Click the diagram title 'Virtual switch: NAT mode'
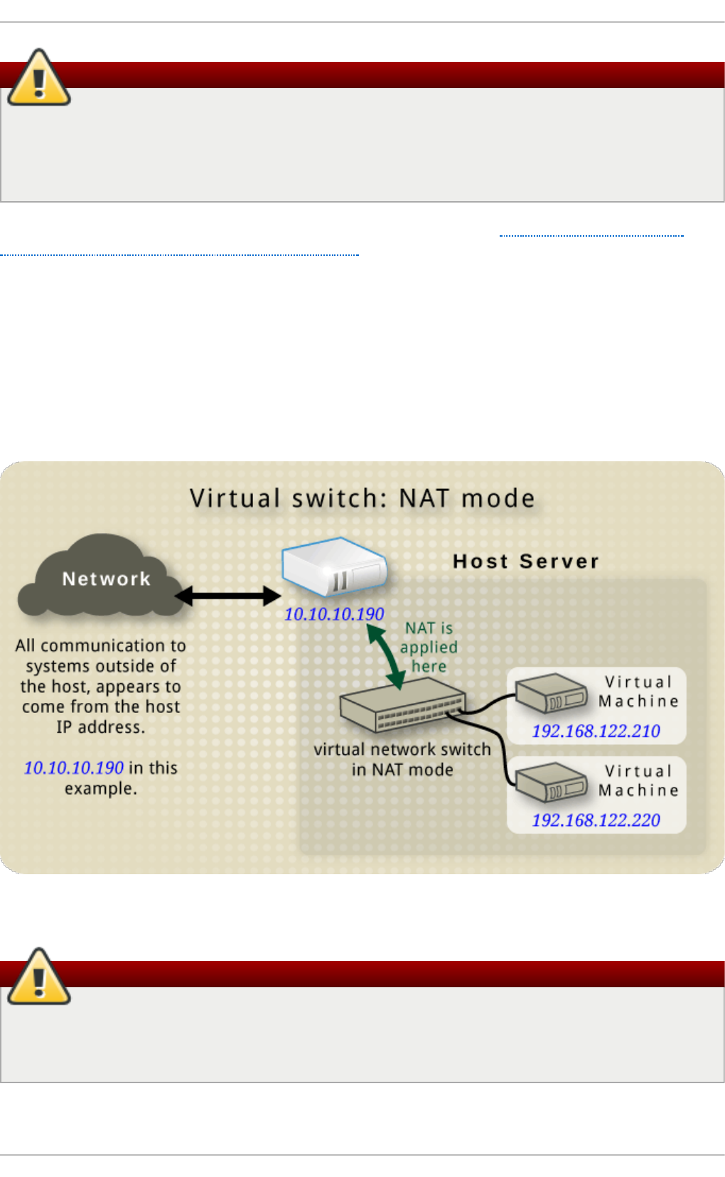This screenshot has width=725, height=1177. (x=362, y=498)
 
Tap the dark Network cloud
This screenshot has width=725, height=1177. (x=103, y=577)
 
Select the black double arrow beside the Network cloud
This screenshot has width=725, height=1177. (x=227, y=596)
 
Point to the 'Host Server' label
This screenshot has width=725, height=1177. (x=526, y=561)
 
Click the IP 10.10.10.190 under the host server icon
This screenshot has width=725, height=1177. (x=334, y=614)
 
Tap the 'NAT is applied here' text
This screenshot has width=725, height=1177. (x=429, y=647)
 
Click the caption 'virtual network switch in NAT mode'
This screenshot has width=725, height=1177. (x=402, y=759)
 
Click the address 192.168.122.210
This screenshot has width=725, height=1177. (x=596, y=731)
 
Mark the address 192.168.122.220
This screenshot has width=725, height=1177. (x=596, y=820)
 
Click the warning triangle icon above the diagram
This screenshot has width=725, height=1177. (x=39, y=79)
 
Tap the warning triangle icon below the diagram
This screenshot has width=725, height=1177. (x=39, y=977)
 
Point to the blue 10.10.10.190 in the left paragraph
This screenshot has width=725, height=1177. (x=74, y=768)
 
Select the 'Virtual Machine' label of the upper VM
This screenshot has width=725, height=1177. (x=638, y=692)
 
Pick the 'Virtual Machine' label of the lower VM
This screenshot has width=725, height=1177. (x=638, y=780)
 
